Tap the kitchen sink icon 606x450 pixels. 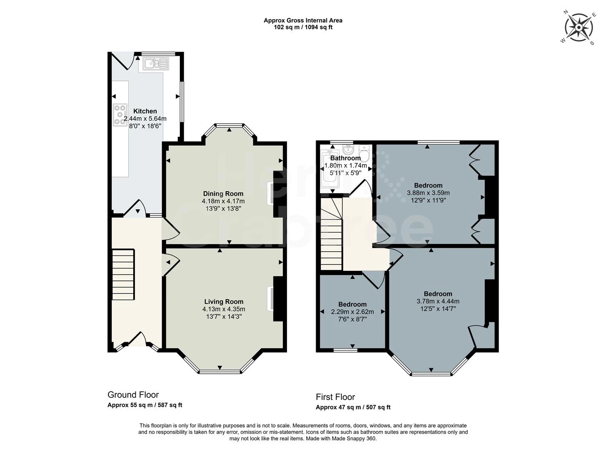point(156,64)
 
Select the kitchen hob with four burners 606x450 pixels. point(120,114)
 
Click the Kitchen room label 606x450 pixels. point(145,111)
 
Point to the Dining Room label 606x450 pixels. point(223,194)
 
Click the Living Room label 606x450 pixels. point(224,302)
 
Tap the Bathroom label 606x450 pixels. point(345,158)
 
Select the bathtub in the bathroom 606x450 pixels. point(331,172)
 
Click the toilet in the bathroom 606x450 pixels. point(364,154)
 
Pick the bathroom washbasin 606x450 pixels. point(348,150)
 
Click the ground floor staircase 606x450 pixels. point(123,274)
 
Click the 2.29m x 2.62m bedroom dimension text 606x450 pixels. point(352,312)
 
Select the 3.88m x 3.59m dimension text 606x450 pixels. point(428,193)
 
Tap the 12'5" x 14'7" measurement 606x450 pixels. point(438,309)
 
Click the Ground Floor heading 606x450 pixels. point(133,395)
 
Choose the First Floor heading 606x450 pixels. point(335,397)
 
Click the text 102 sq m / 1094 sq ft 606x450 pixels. point(303,27)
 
